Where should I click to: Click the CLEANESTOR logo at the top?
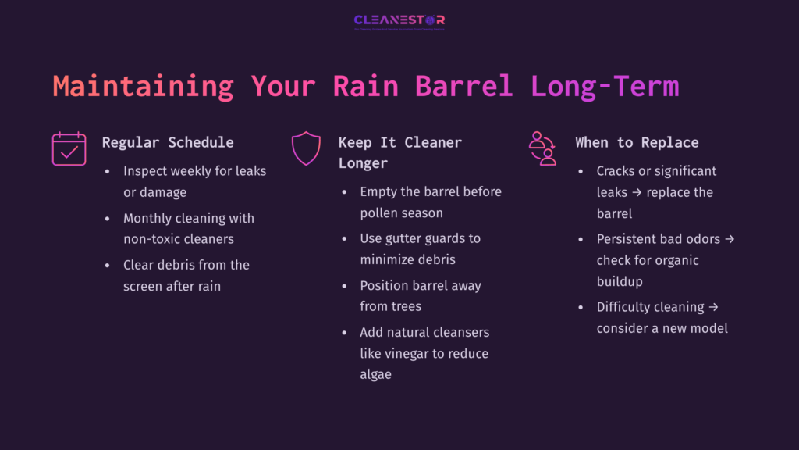(x=399, y=21)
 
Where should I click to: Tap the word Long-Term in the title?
(x=605, y=86)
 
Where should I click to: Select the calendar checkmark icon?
(x=69, y=148)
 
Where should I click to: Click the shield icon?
(x=305, y=148)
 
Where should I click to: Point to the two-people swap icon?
(x=542, y=148)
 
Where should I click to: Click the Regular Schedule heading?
(x=168, y=142)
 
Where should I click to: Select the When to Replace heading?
(x=637, y=142)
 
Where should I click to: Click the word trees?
(x=404, y=306)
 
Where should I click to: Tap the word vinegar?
(x=421, y=353)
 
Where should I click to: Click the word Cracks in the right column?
(x=618, y=171)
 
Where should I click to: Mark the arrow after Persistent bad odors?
(x=729, y=239)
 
